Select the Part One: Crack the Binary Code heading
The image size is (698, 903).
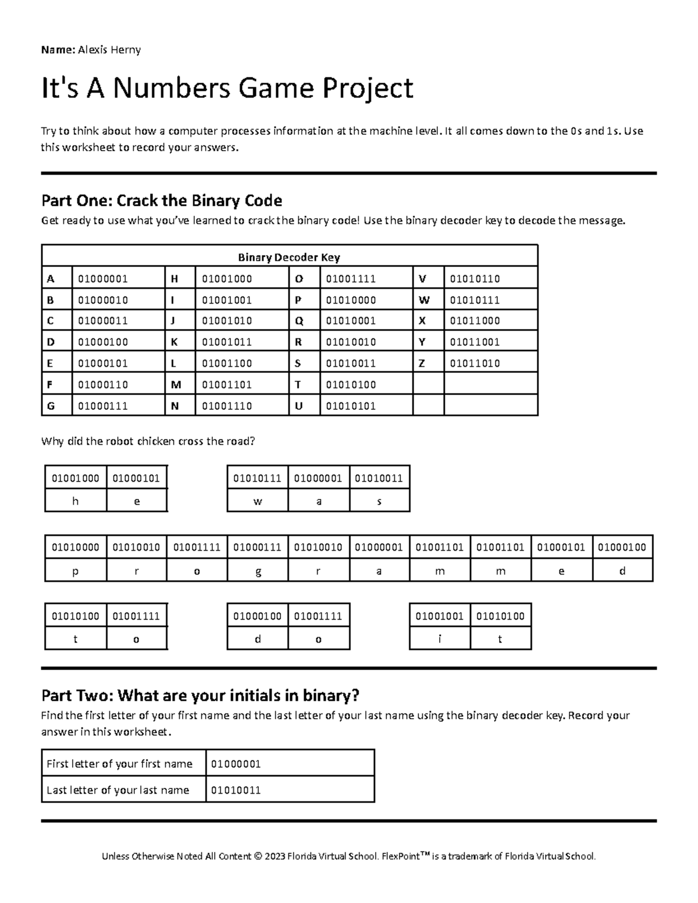point(162,201)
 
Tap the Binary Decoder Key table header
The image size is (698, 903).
point(289,257)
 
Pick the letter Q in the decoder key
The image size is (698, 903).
point(298,321)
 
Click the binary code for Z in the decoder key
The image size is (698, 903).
point(475,363)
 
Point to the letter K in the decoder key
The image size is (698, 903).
point(174,342)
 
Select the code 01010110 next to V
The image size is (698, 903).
point(475,279)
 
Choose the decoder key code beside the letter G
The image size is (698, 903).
point(102,406)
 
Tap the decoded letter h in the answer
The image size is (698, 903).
point(76,501)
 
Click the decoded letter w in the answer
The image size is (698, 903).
point(258,501)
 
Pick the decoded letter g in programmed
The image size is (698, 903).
point(258,571)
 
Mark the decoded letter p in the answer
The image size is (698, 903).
point(76,571)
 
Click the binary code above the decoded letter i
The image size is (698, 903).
point(439,616)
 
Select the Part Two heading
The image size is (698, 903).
point(200,695)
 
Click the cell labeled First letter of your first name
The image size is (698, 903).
point(119,764)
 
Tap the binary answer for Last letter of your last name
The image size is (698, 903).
point(236,790)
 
